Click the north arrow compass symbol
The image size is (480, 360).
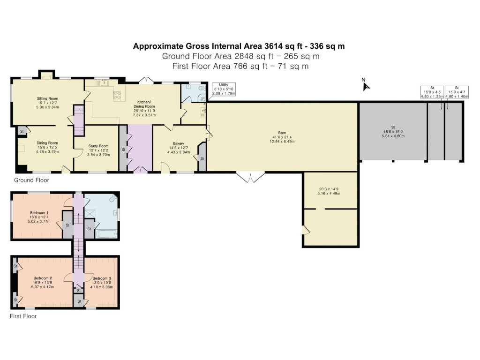click(366, 85)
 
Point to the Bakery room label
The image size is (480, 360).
click(177, 143)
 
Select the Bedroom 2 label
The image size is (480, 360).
click(43, 278)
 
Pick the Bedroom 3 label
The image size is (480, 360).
click(102, 278)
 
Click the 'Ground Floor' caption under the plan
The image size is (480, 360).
click(31, 180)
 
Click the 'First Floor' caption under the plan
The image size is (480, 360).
click(23, 316)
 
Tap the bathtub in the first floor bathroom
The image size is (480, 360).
click(106, 233)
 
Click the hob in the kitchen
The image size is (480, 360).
click(117, 95)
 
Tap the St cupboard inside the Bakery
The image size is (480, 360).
click(202, 158)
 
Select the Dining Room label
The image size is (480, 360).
click(47, 143)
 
